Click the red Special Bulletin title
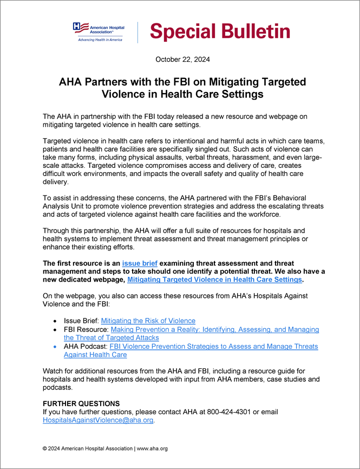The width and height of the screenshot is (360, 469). [x=220, y=31]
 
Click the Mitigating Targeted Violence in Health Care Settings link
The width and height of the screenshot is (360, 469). [x=214, y=279]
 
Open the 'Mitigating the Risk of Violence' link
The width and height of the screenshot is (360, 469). [x=148, y=321]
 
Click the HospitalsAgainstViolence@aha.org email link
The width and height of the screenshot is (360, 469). [x=98, y=420]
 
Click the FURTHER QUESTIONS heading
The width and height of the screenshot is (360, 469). [x=81, y=403]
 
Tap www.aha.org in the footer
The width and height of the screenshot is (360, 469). [x=152, y=448]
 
